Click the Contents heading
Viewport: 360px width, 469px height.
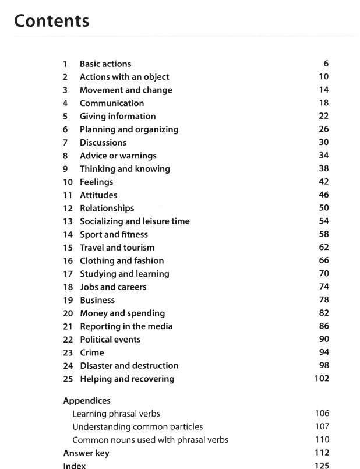click(51, 21)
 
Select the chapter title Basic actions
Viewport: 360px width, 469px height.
click(105, 64)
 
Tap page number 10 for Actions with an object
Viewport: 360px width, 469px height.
click(324, 77)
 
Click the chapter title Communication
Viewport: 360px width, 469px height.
click(112, 103)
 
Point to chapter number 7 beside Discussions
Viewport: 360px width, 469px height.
click(66, 143)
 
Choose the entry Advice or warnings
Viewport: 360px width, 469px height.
click(118, 156)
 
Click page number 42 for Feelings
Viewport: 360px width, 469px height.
click(324, 182)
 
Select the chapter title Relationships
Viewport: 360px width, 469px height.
click(107, 208)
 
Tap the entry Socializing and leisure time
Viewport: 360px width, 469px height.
click(135, 221)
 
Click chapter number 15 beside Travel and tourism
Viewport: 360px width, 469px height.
click(68, 248)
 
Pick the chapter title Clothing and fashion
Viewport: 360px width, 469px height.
click(122, 260)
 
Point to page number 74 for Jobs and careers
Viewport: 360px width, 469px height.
click(324, 287)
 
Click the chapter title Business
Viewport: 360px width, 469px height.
click(97, 300)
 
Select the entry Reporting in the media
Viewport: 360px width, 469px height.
click(126, 326)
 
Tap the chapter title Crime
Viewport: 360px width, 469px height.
click(92, 352)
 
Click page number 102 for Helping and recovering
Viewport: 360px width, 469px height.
click(322, 379)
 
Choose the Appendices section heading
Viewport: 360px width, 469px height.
click(87, 401)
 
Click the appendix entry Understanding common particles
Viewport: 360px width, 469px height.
click(137, 426)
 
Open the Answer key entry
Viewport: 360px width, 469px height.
click(86, 453)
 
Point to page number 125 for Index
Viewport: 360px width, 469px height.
click(322, 466)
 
